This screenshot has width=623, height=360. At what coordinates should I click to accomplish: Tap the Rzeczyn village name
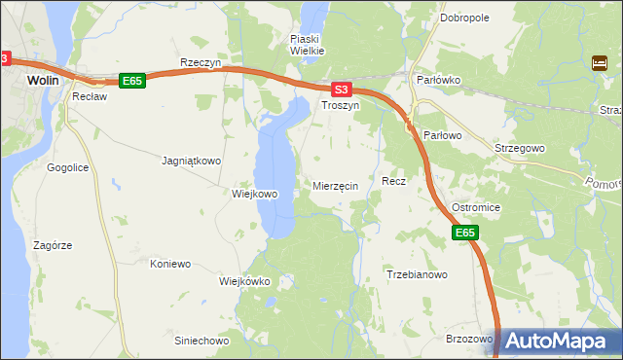[x=202, y=62]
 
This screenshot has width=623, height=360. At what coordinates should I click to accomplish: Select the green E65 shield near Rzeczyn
[x=132, y=81]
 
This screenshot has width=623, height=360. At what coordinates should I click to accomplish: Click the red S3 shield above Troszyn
[x=338, y=89]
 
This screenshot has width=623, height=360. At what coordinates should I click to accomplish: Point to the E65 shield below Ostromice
[x=465, y=233]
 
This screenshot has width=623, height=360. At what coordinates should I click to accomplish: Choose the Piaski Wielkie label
[x=307, y=45]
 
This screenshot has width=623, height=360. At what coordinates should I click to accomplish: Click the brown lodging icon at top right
[x=599, y=64]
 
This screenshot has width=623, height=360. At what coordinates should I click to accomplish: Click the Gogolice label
[x=68, y=167]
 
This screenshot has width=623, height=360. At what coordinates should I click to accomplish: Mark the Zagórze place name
[x=52, y=245]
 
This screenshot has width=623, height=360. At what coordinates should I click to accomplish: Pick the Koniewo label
[x=170, y=264]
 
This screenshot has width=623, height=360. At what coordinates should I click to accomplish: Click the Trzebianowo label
[x=417, y=275]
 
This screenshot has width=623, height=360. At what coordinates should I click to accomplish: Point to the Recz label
[x=393, y=181]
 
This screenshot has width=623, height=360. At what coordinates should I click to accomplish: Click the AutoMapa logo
[x=559, y=341]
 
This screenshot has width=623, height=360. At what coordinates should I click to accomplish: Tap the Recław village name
[x=89, y=98]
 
